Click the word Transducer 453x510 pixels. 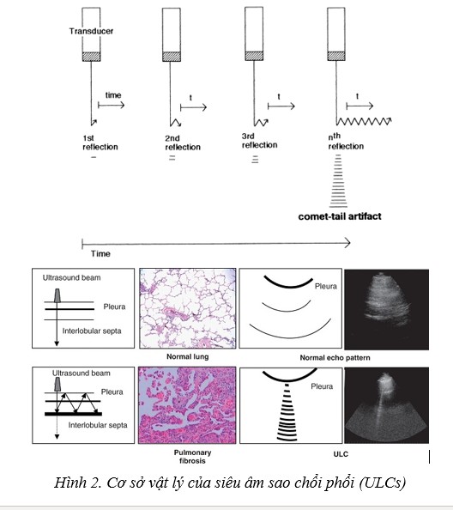pos(91,31)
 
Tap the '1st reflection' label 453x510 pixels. pos(100,143)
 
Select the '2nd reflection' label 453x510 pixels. pos(183,143)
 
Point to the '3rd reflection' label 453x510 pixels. pos(259,141)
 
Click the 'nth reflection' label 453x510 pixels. pos(346,141)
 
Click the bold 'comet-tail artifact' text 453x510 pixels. pos(340,216)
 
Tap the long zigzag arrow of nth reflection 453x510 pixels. pos(364,121)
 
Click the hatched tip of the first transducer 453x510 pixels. pos(91,57)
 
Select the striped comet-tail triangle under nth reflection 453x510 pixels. pos(338,181)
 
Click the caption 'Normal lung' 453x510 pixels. pos(188,356)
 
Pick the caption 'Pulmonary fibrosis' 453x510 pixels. pos(192,457)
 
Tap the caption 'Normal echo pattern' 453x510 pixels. pos(335,358)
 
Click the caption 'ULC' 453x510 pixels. pos(341,454)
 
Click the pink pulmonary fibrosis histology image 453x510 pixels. pos(187,405)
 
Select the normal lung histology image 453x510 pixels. pos(188,308)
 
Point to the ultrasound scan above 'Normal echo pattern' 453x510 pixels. pos(386,309)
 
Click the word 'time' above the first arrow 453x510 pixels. pos(113,95)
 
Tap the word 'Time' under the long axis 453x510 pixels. pos(100,253)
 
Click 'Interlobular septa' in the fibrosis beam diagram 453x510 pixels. pos(98,425)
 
